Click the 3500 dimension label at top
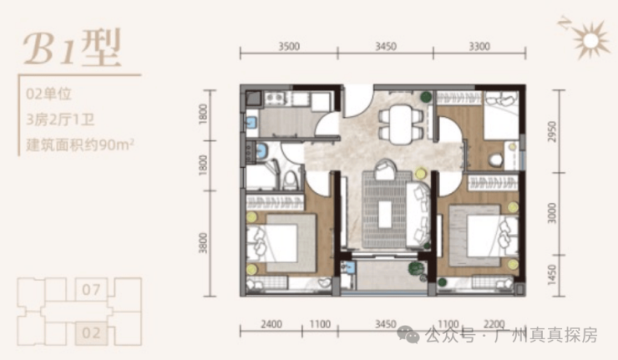pos(289,47)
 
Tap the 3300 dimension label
pos(479,47)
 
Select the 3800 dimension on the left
pos(203,243)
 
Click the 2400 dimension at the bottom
pos(271,324)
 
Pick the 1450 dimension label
pos(552,275)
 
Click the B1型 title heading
pos(72,48)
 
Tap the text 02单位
pos(48,94)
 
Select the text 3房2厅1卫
pos(60,119)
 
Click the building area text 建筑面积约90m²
pos(80,145)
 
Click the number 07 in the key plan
pos(91,290)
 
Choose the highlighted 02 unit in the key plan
pos(91,333)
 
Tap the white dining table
pos(400,124)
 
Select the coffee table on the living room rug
pos(385,215)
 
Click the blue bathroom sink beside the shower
pos(261,150)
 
